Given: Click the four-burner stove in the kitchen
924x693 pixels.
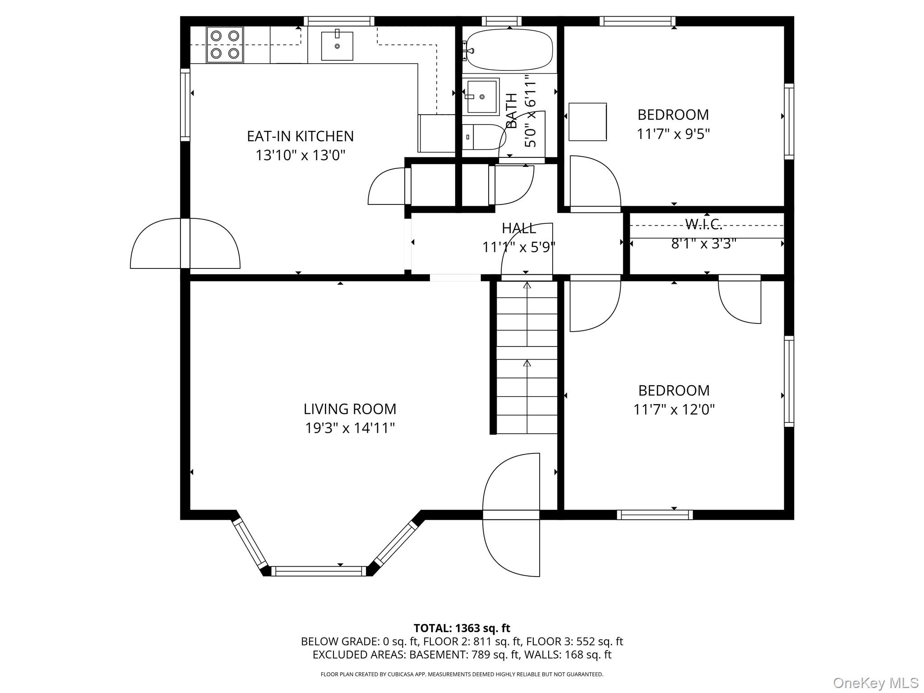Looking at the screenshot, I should [x=225, y=44].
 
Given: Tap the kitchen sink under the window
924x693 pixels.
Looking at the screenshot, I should [x=337, y=46].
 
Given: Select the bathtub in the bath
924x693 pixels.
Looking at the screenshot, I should [x=509, y=50].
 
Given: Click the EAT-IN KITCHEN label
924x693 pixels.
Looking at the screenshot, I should [x=300, y=136].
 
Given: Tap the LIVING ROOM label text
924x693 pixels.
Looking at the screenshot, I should [x=350, y=409].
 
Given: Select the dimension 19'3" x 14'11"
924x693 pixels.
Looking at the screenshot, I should [x=350, y=428].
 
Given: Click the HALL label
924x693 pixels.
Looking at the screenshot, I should [x=519, y=228].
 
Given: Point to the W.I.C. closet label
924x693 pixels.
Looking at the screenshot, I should [x=703, y=224].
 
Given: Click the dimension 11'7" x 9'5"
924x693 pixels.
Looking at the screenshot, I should [x=673, y=134].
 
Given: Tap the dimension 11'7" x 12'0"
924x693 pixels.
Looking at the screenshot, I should [x=674, y=410].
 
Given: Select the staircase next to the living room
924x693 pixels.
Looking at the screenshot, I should [x=527, y=356].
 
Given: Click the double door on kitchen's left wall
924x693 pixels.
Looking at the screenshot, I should [x=185, y=244].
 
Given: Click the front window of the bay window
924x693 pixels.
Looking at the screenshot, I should [x=319, y=571].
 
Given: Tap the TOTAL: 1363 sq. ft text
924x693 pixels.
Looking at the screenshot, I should [x=462, y=628].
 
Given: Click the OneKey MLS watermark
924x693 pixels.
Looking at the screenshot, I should [x=875, y=683].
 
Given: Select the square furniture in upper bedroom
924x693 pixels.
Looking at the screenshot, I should [x=587, y=122].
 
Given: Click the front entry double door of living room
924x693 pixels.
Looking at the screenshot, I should [x=511, y=515].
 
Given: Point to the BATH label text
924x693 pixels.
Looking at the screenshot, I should [x=512, y=111].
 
